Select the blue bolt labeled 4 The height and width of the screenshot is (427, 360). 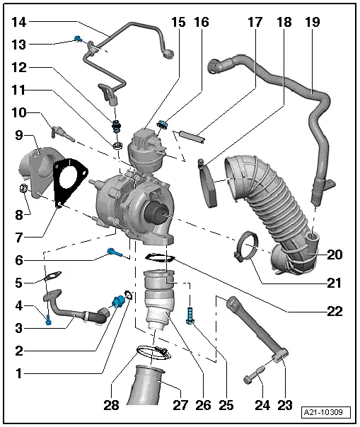48,322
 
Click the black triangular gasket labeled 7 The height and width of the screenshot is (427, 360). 69,182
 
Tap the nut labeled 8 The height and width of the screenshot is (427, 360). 23,189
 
